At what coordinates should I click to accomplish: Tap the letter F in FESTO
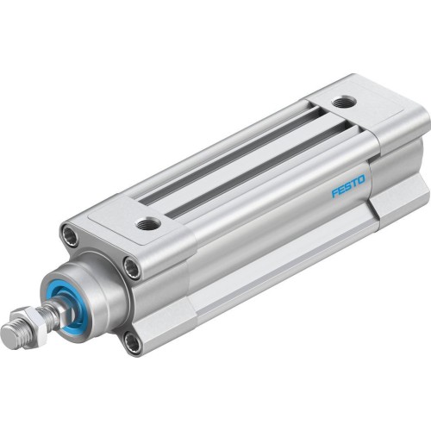[334, 191]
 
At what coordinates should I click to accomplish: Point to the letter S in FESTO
[347, 186]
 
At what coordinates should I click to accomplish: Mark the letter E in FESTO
[340, 189]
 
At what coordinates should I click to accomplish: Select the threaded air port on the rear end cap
[347, 103]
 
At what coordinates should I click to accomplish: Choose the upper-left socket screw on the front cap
[70, 232]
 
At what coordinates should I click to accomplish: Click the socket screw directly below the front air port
[131, 267]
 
